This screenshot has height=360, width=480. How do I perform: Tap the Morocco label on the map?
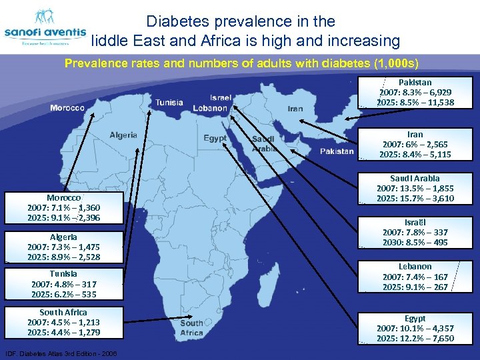click(67, 108)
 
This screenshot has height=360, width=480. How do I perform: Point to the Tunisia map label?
click(169, 103)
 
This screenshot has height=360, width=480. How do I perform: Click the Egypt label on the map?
click(215, 138)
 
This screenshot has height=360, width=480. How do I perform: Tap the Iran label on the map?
click(295, 109)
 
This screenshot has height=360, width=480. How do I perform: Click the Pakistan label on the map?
click(337, 151)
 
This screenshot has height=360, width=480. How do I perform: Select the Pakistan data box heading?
click(415, 82)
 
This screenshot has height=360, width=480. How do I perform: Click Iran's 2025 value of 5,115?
click(436, 154)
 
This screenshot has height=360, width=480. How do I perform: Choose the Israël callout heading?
click(415, 222)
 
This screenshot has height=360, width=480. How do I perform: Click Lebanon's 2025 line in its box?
click(415, 287)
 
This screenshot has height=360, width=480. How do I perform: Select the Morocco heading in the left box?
click(64, 198)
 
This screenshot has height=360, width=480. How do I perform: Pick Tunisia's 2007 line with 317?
click(64, 284)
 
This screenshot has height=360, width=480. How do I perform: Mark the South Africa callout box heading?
click(63, 312)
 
